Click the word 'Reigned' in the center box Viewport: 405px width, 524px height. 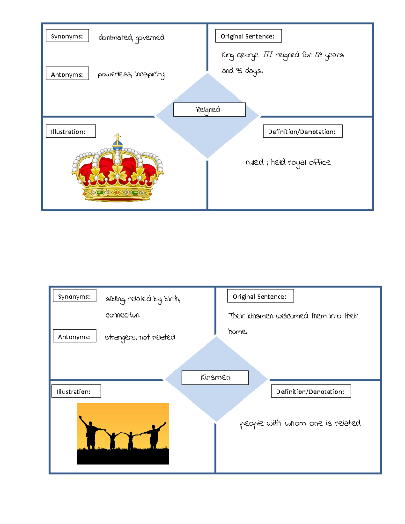[208, 110]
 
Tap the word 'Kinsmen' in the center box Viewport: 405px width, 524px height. [215, 377]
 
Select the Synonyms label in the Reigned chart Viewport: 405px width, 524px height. [67, 36]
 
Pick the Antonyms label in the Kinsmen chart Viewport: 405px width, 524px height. [74, 336]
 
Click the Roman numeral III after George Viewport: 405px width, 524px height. [267, 55]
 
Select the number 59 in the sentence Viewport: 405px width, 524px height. [318, 55]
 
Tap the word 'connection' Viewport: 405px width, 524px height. [122, 315]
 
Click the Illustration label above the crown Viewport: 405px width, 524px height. [71, 131]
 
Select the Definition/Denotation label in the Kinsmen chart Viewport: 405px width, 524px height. [310, 391]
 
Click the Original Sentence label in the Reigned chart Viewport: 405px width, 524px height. [248, 36]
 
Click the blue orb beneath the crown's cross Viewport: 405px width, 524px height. [117, 145]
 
